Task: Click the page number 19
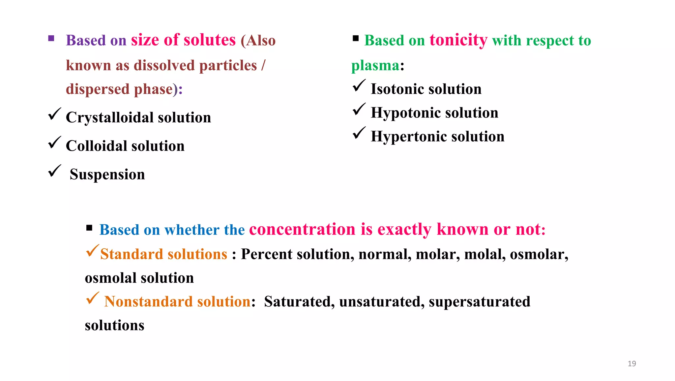tap(631, 364)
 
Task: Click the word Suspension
tap(107, 175)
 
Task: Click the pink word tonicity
tap(458, 40)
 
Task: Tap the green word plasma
tap(375, 65)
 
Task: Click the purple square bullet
tap(51, 38)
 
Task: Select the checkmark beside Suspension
tap(54, 171)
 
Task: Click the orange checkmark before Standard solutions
tap(92, 251)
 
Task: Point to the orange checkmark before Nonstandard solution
tap(92, 298)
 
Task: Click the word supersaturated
tap(479, 302)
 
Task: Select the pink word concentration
tap(302, 229)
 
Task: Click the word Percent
tap(266, 254)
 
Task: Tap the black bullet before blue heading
tap(89, 228)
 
